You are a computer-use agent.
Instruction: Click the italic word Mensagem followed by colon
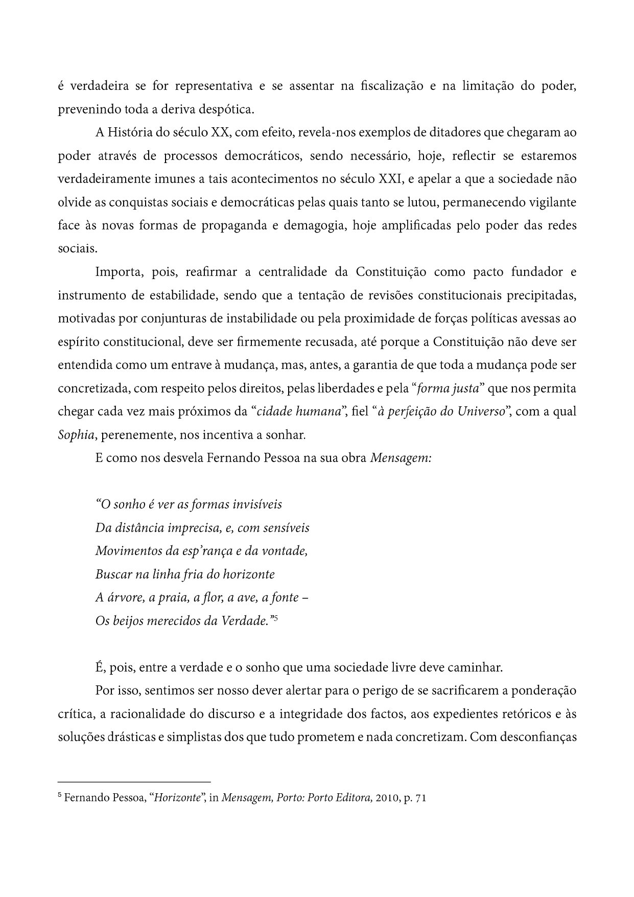[401, 458]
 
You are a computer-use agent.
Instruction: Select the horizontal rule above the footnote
[134, 782]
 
